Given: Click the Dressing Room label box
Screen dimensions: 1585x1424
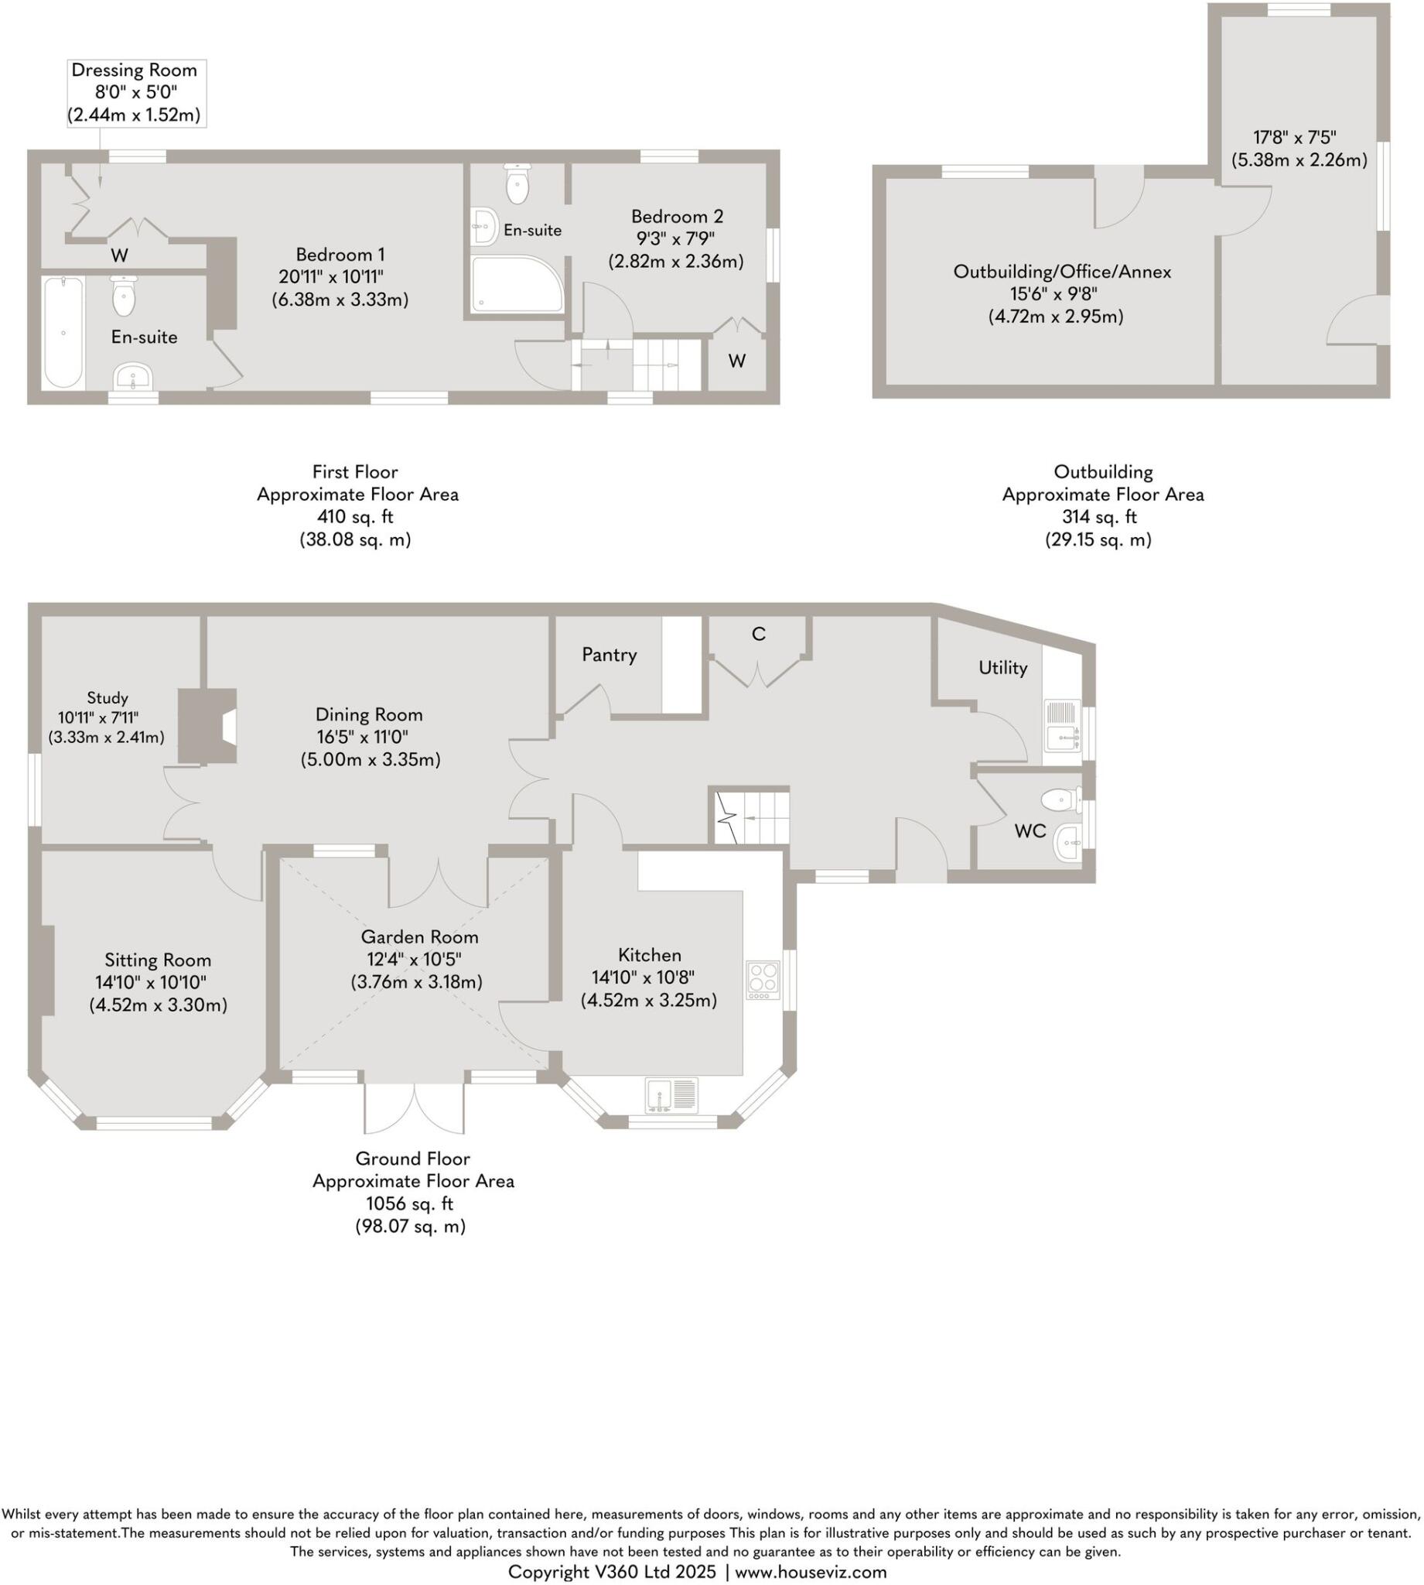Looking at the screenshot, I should pos(135,92).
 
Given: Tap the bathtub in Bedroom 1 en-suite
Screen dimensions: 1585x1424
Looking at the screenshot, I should pos(63,332).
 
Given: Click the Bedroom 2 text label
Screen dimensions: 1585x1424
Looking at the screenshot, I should pos(677,216).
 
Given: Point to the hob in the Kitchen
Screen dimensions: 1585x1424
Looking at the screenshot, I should pos(762,979).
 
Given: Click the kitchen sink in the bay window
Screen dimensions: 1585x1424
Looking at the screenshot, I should pos(671,1095).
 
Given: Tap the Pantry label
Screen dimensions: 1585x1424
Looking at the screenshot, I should pos(609,654).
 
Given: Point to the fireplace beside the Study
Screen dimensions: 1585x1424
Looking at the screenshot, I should pos(208,726).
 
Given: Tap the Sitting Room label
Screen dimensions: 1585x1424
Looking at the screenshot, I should pos(157,960).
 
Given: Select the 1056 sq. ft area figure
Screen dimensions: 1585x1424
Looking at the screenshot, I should pos(409,1203).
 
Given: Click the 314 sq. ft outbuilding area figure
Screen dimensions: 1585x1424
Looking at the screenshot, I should pos(1098,516).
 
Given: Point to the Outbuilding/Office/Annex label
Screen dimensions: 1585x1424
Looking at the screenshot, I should pos(1062,272).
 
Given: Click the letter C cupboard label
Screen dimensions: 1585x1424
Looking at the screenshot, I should pos(757,634).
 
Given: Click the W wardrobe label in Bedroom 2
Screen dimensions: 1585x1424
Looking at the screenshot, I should pos(736,361).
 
